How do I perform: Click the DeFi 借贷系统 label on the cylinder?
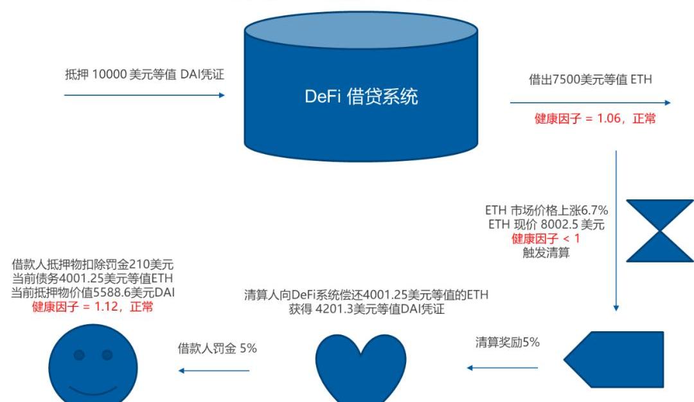click(361, 96)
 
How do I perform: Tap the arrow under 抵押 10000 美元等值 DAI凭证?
click(145, 95)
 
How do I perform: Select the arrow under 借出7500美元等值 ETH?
click(590, 102)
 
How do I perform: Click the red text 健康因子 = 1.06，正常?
click(595, 119)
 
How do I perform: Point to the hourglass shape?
click(659, 230)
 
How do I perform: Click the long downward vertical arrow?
click(617, 232)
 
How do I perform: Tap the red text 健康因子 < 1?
click(545, 239)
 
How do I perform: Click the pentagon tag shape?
click(614, 360)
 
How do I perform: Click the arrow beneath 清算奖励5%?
click(502, 368)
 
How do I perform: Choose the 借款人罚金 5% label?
click(217, 349)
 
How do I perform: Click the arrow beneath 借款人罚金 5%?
click(213, 370)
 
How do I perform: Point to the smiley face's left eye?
click(79, 355)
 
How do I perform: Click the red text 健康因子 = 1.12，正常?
click(93, 307)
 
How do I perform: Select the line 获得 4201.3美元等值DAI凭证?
click(367, 309)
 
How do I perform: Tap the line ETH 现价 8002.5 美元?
click(545, 225)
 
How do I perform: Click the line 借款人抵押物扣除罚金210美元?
click(93, 264)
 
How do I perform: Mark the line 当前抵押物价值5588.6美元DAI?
click(93, 293)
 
